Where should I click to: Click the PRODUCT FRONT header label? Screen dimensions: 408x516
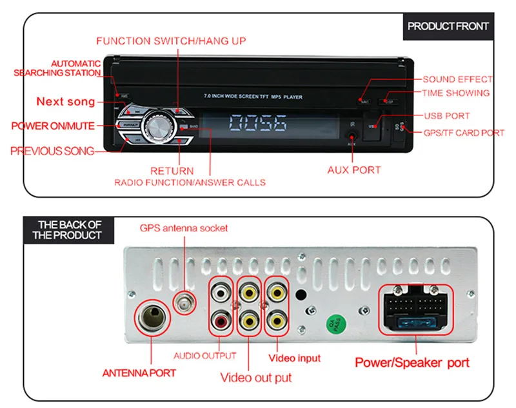point(448,26)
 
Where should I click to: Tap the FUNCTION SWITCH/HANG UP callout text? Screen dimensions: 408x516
point(171,41)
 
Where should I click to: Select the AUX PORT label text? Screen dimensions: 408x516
point(354,170)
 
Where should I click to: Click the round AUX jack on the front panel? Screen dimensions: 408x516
point(351,136)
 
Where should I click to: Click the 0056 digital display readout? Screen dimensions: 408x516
point(258,124)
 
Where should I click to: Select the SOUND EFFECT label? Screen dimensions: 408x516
point(457,79)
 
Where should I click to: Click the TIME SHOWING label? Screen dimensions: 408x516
point(455,93)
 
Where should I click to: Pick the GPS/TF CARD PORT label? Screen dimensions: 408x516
point(464,133)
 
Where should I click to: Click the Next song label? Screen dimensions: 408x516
point(65,101)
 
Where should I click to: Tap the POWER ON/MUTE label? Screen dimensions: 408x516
point(52,126)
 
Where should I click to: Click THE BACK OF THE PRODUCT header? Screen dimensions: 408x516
point(70,230)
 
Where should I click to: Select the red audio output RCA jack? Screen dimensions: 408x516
point(221,318)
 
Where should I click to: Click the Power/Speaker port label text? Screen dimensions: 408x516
point(412,362)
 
